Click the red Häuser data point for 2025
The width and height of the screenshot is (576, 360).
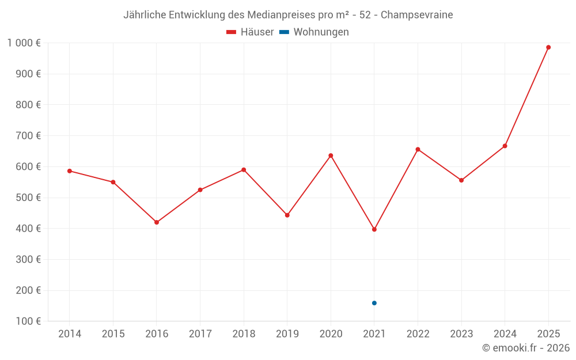548,47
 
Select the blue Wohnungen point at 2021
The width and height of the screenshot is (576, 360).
374,303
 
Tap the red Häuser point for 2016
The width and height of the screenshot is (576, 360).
157,222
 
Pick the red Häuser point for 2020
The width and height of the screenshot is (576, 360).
331,156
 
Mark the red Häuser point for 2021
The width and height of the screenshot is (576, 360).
374,229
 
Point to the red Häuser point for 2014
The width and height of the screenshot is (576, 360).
70,171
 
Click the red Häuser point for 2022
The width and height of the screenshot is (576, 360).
418,149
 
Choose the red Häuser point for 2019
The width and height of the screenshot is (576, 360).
287,215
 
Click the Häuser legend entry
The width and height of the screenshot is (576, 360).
250,32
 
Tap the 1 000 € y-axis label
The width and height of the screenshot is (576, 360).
24,43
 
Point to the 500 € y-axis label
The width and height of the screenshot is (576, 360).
28,198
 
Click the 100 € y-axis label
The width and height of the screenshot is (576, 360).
28,321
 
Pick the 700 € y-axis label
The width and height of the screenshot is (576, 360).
28,136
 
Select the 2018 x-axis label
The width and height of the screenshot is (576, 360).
244,334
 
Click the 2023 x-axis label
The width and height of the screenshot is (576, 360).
461,334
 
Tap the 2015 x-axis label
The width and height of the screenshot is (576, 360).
113,334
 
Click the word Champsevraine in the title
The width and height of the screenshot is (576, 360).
416,15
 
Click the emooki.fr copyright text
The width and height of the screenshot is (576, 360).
526,348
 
